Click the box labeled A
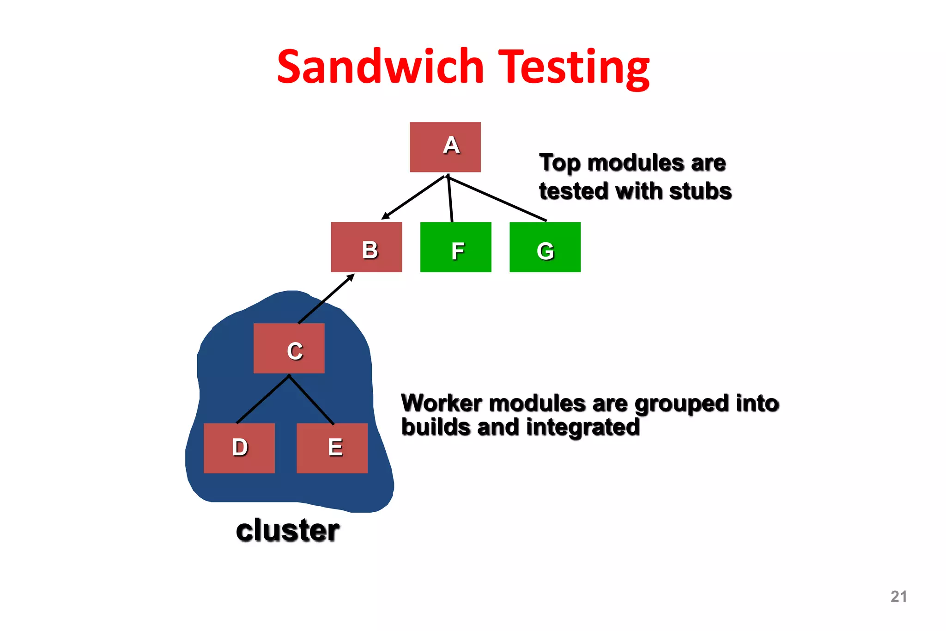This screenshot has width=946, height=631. click(445, 147)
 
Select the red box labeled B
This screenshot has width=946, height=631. click(366, 247)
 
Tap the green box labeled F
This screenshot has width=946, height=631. click(455, 247)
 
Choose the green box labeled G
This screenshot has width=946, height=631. click(545, 247)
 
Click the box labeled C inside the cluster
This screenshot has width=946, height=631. click(289, 348)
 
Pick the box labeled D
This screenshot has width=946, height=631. click(239, 448)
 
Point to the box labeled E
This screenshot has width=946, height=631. click(332, 448)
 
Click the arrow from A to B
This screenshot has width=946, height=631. click(412, 197)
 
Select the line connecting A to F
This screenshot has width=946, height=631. click(450, 199)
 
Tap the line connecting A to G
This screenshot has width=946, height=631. click(497, 198)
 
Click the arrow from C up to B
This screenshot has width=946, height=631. click(326, 299)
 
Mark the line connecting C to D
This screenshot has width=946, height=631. click(263, 399)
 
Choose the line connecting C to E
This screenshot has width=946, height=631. click(311, 399)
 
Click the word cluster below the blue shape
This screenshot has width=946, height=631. click(287, 530)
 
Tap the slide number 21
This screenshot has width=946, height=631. click(898, 596)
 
